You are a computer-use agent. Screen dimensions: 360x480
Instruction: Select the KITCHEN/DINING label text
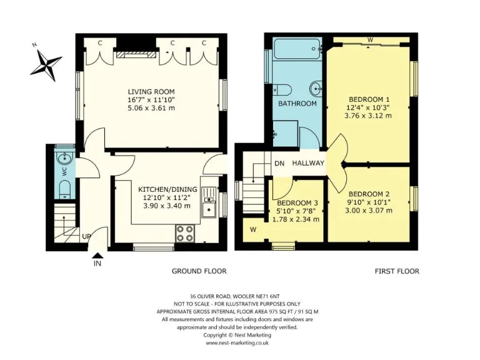[167, 189]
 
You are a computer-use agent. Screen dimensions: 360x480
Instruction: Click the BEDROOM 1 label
[369, 99]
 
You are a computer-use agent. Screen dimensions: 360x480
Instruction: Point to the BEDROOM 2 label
[369, 194]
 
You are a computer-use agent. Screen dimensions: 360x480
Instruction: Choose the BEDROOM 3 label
[297, 202]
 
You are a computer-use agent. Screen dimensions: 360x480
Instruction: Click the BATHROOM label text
[297, 103]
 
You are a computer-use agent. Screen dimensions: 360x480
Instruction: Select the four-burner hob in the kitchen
[186, 232]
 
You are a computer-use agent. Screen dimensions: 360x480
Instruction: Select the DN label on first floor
[279, 164]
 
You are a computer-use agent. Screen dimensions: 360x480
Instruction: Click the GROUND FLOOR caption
[199, 271]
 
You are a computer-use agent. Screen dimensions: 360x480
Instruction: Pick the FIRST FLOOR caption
[397, 271]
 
